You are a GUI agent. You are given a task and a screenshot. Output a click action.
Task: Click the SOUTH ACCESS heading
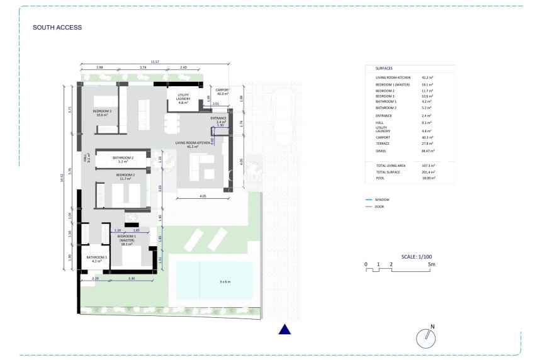click(57, 28)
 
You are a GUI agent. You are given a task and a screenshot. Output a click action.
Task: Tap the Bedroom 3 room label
click(103, 113)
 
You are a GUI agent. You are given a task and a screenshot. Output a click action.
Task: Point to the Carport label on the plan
click(223, 92)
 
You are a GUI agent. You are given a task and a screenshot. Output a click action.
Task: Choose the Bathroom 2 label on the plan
click(123, 159)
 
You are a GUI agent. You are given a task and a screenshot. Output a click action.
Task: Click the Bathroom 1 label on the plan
click(97, 259)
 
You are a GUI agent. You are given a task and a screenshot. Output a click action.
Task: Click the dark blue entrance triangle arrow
click(284, 329)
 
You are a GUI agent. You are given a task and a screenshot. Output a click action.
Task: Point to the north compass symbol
click(426, 339)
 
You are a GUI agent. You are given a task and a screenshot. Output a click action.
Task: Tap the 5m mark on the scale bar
click(431, 264)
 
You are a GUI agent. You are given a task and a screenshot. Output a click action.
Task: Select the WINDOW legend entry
click(382, 200)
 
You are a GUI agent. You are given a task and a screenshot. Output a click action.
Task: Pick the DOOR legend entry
click(379, 206)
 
